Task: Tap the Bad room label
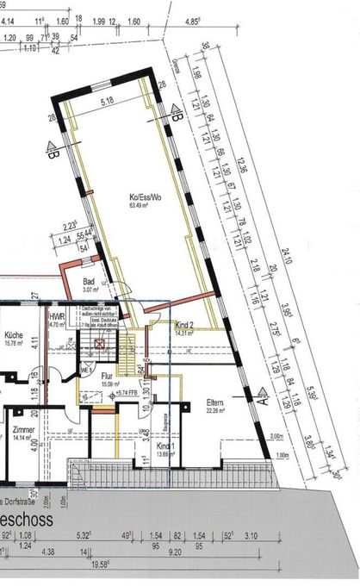[88, 282]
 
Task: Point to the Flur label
[107, 376]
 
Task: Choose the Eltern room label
[215, 402]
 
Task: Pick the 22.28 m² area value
[215, 410]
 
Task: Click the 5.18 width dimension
[107, 102]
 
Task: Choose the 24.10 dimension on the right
[285, 256]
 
